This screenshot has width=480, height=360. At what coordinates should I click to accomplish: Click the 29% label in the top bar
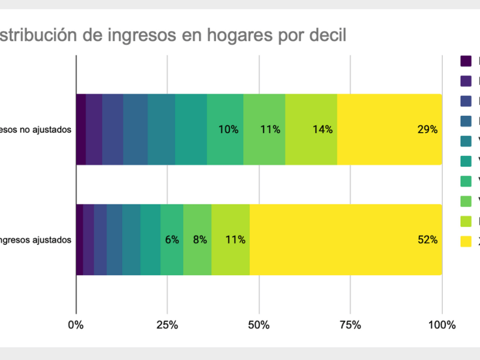(428, 129)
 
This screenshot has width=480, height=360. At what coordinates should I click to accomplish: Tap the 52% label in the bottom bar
(428, 239)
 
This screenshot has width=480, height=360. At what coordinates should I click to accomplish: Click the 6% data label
(172, 239)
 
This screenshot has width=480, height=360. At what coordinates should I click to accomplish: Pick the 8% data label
(199, 239)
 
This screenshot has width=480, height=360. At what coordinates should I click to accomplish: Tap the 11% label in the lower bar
(235, 239)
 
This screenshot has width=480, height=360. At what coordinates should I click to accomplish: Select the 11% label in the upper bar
(270, 129)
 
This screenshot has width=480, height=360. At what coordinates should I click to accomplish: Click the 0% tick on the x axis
(76, 325)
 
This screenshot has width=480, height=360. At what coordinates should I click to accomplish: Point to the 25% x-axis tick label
(167, 325)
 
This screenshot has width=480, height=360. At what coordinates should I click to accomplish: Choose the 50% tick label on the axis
(259, 325)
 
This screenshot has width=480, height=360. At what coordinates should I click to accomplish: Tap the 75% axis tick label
(350, 325)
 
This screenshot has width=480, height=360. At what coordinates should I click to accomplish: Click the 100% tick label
(442, 325)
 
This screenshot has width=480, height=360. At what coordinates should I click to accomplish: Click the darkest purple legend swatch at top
(466, 61)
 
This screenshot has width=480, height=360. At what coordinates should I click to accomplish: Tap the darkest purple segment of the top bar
(81, 129)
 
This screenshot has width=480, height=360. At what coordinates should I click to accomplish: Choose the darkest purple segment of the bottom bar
(79, 239)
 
